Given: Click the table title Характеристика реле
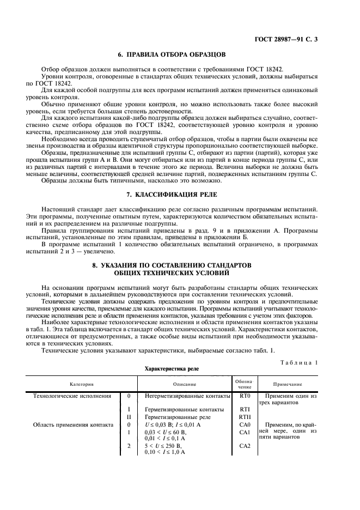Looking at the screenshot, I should coord(171,368).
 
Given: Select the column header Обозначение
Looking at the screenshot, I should coord(244,384).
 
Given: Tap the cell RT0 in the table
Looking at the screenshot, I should coord(244,397).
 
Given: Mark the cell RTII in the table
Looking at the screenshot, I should coord(244,416).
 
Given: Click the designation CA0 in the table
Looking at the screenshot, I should coord(244,424).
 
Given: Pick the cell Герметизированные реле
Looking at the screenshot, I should coord(175,416).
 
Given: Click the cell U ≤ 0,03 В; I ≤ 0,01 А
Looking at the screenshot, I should coord(173,424).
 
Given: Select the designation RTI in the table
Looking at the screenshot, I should coord(244,409).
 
